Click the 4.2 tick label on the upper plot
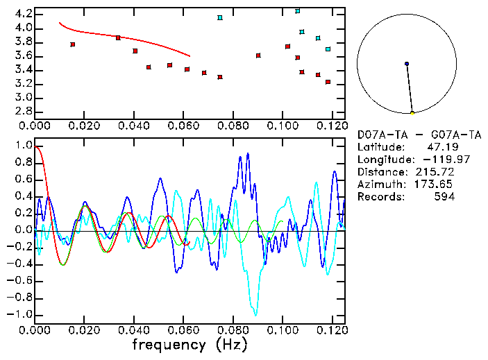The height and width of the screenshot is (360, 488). [x=23, y=14]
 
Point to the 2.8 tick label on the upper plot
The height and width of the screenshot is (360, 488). [x=23, y=111]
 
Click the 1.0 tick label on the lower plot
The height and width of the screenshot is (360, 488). [x=24, y=146]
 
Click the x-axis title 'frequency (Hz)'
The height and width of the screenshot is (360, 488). [x=190, y=344]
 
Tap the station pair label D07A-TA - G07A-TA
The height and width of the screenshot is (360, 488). [x=419, y=135]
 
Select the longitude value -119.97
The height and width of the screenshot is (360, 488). [x=430, y=160]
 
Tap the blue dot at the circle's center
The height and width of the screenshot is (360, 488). [x=407, y=64]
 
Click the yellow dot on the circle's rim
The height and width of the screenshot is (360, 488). [x=412, y=112]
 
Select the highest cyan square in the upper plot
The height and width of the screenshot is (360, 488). [x=298, y=11]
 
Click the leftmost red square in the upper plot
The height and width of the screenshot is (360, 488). [x=73, y=44]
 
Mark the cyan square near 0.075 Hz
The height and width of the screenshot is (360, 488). [x=220, y=17]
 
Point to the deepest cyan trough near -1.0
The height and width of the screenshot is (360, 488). [x=255, y=314]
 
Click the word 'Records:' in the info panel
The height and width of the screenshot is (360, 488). [x=379, y=197]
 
